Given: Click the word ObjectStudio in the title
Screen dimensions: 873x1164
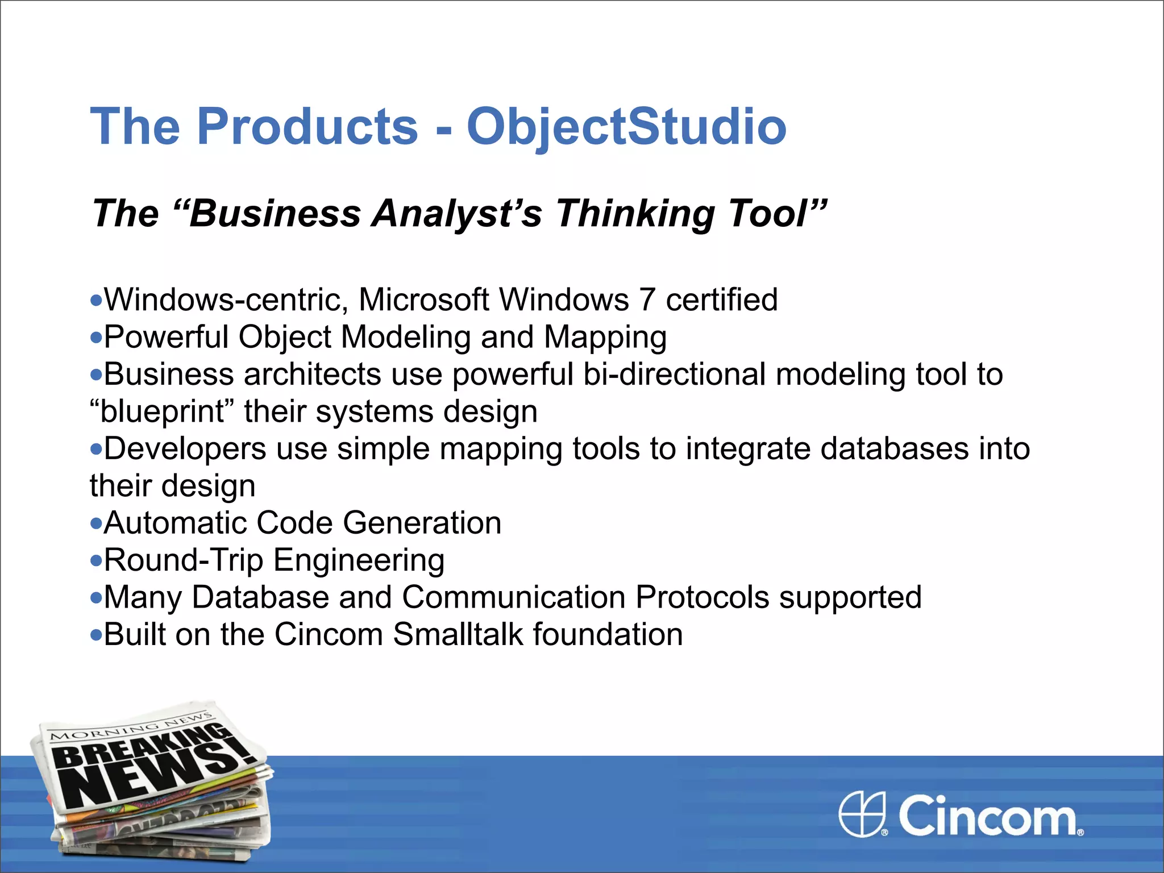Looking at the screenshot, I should [626, 126].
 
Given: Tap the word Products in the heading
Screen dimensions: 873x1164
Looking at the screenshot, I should [307, 126].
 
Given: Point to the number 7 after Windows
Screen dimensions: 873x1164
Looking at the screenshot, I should [647, 300].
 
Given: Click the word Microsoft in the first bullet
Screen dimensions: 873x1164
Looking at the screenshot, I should [423, 300].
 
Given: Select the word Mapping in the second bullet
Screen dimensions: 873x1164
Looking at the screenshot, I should [605, 337].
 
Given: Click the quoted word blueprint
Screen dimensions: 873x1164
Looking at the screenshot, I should [162, 411].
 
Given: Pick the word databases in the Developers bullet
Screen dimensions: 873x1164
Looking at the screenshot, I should [895, 448].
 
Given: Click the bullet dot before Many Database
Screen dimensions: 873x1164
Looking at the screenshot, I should [96, 598].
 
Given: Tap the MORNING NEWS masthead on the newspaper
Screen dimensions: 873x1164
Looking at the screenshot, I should [131, 727].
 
